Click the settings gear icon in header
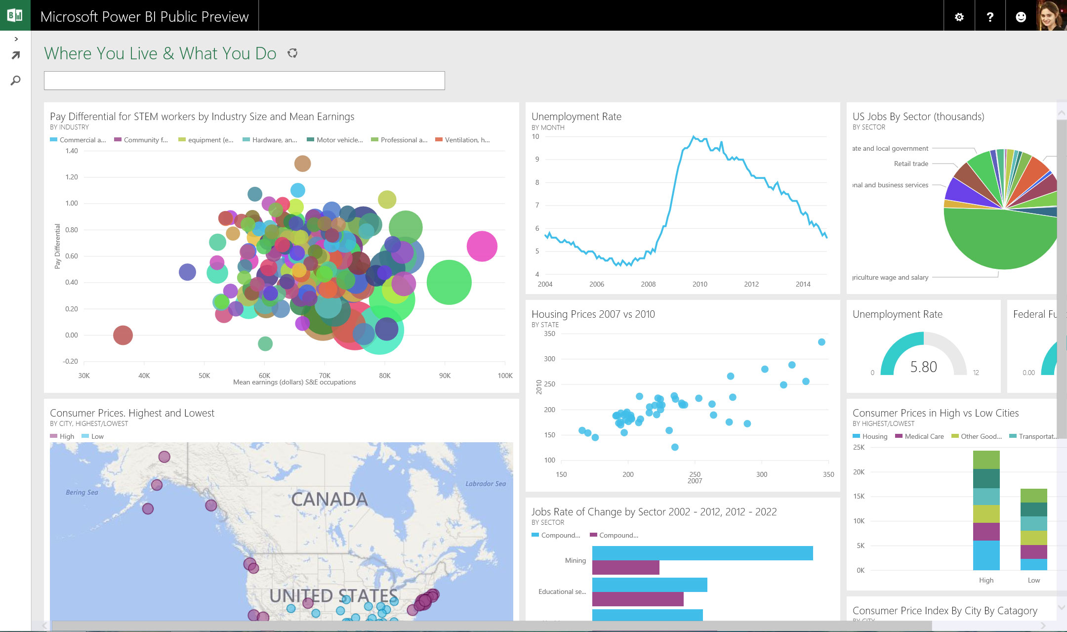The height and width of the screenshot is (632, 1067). [959, 17]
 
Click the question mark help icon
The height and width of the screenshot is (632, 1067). [990, 17]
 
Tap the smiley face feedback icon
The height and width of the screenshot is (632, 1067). [1021, 17]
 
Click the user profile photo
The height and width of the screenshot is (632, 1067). [1051, 15]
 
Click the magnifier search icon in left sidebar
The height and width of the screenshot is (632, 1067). [15, 80]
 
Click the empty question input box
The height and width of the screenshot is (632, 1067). [244, 81]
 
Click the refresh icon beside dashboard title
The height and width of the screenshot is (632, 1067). [292, 53]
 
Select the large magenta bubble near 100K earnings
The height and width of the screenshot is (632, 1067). [482, 246]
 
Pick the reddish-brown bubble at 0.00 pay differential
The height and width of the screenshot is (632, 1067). [123, 335]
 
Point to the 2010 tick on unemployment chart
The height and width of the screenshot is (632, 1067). [699, 284]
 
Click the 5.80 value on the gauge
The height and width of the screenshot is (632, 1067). [923, 367]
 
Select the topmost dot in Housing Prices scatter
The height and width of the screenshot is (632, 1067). [821, 342]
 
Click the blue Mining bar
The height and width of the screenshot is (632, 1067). [702, 553]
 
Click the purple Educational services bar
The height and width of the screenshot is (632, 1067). [637, 599]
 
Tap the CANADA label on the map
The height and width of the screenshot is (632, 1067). [329, 499]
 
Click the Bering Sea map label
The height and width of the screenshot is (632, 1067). [82, 492]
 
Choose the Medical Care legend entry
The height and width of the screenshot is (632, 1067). [923, 436]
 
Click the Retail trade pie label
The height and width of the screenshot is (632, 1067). [911, 164]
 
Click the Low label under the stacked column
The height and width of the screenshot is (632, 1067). [1033, 580]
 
